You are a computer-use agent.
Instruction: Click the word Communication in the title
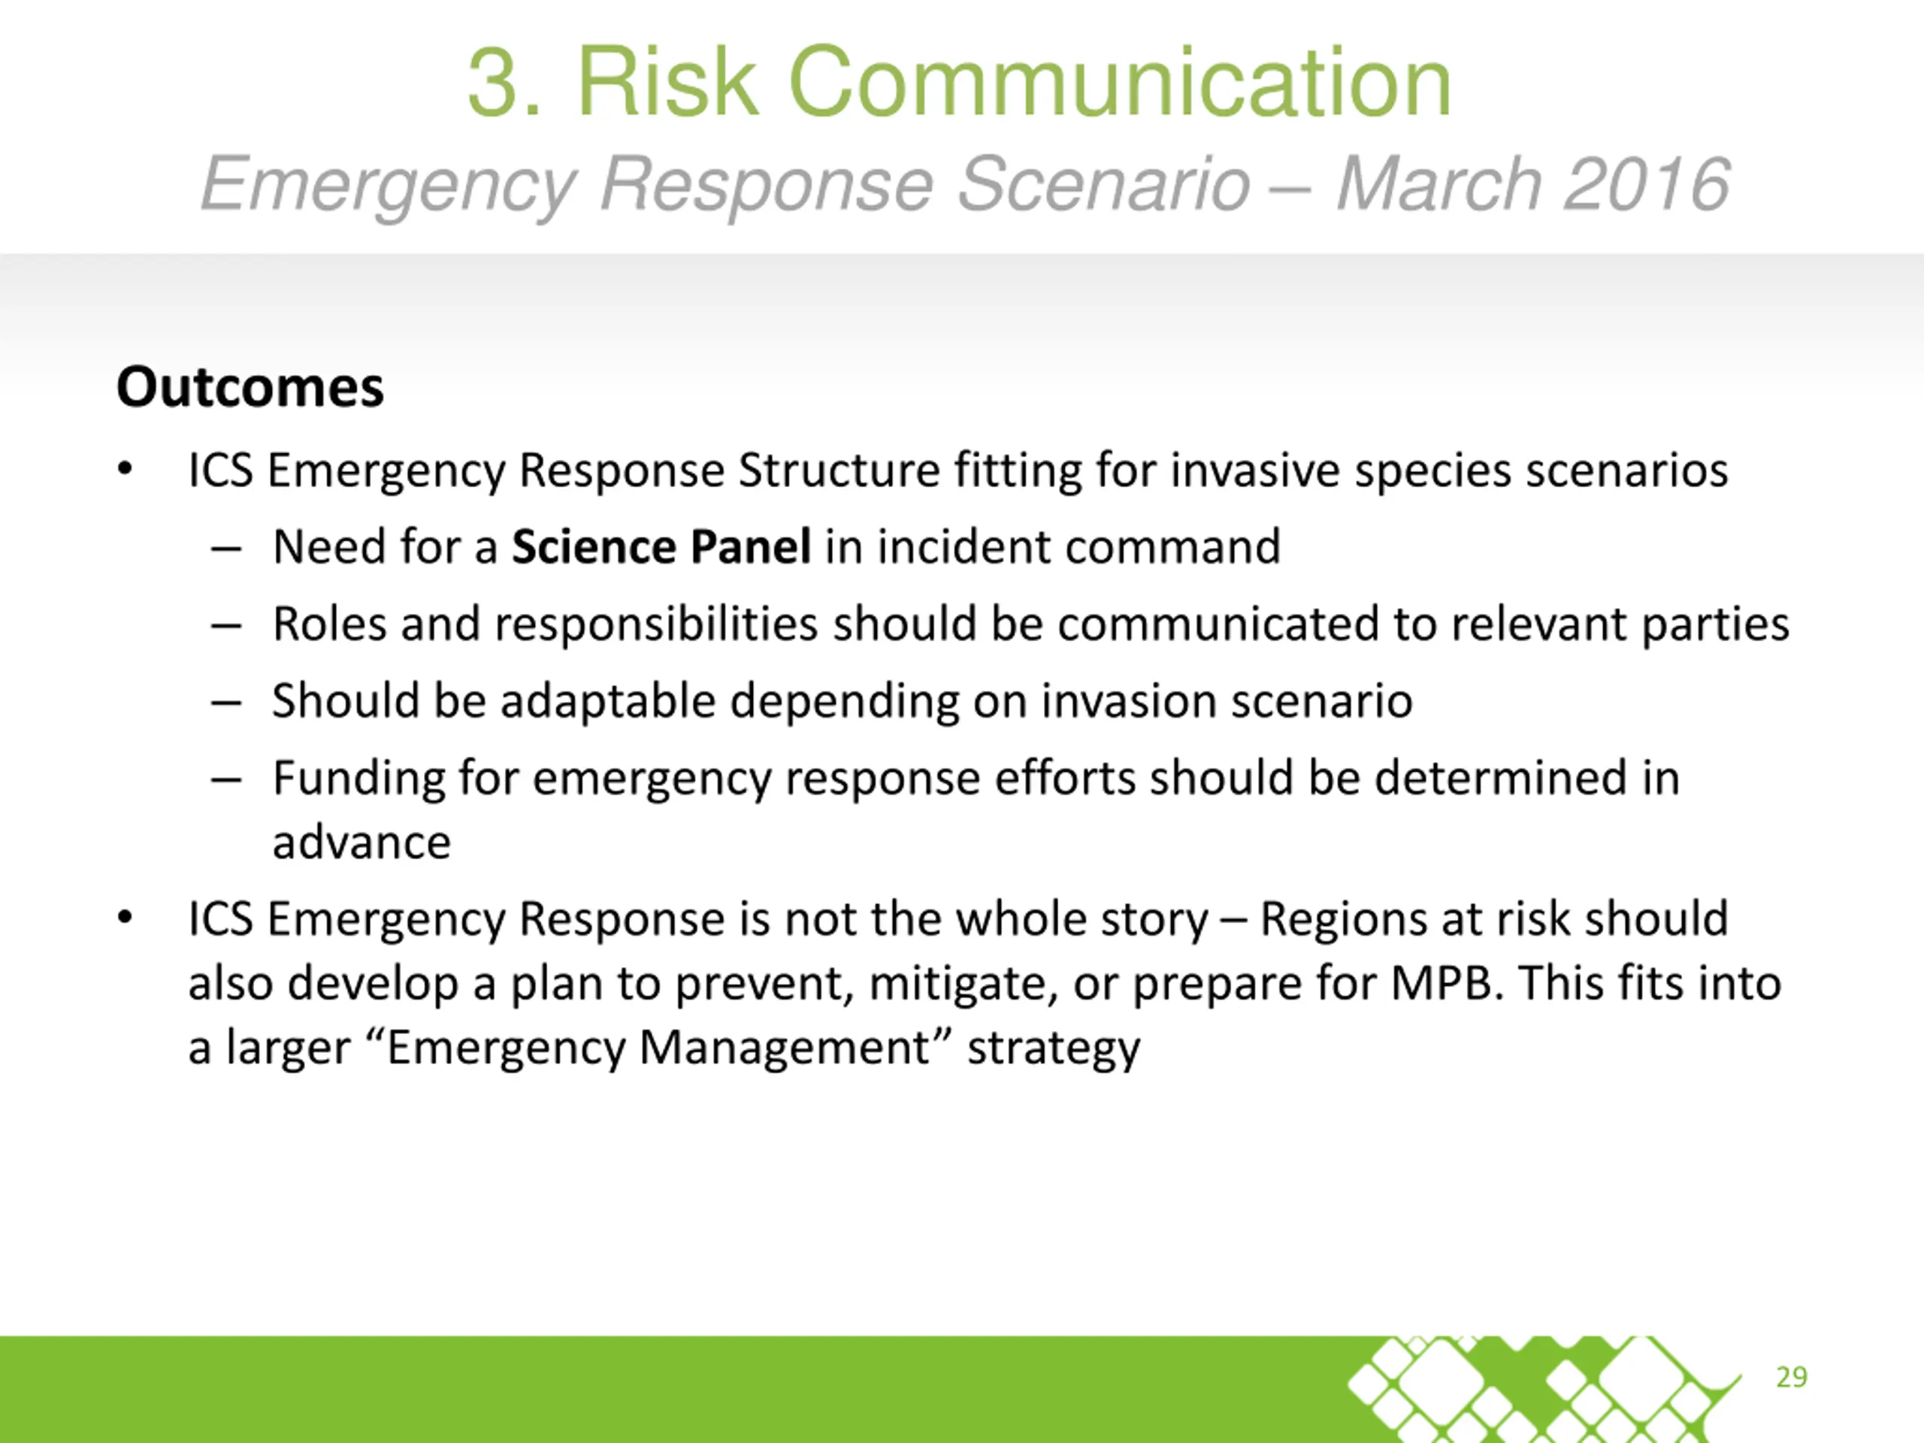[1119, 82]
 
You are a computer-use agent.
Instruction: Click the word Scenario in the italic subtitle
[1104, 183]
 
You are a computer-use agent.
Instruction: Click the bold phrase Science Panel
[661, 546]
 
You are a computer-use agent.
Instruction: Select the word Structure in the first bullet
[839, 470]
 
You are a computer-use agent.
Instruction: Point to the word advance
[362, 842]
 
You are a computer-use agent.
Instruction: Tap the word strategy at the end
[1054, 1049]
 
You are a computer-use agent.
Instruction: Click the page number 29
[1791, 1377]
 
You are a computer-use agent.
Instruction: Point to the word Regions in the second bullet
[1344, 919]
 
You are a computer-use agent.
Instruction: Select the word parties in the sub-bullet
[1714, 625]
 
